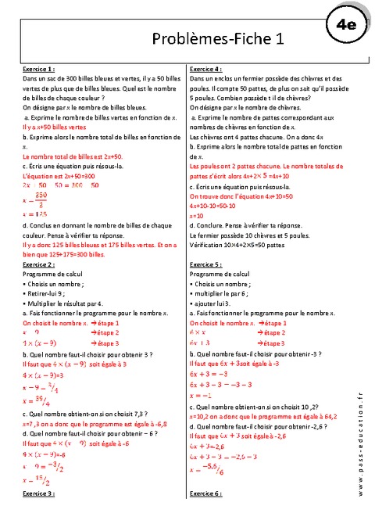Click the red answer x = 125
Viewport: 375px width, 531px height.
pyautogui.click(x=34, y=213)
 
